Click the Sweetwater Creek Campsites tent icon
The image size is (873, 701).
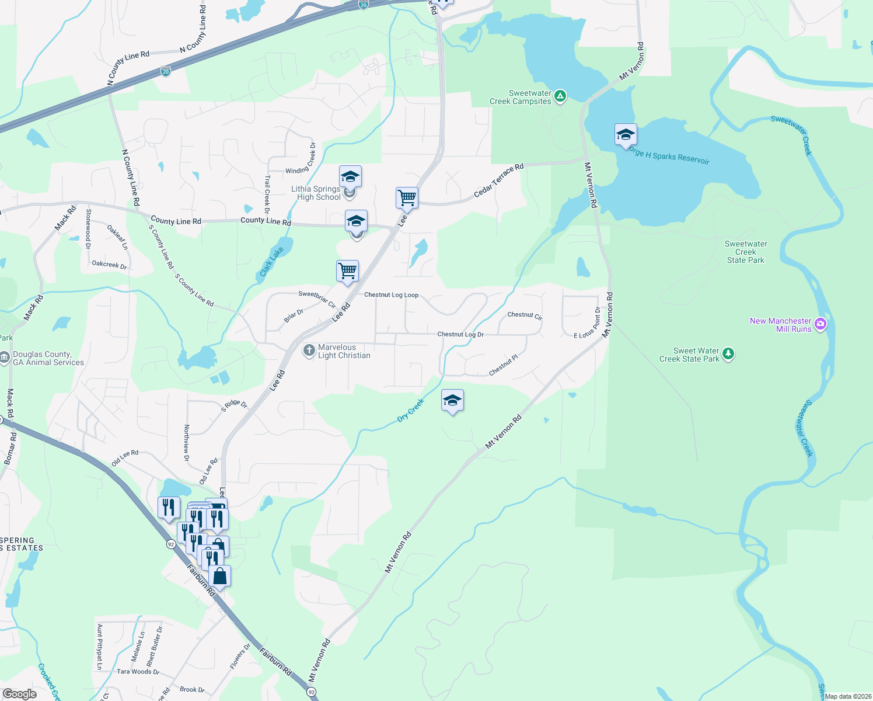coord(560,96)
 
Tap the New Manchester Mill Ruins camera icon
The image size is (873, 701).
coord(820,324)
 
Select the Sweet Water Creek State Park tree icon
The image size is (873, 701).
coord(728,353)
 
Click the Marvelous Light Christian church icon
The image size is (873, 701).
coord(309,350)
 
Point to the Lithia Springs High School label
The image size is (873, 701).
coord(316,193)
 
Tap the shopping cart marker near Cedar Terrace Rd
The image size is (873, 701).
coord(407,198)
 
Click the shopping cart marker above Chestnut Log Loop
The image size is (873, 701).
coord(348,271)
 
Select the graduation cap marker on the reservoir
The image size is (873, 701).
coord(625,135)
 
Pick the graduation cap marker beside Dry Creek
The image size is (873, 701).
coord(452,400)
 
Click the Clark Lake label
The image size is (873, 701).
coord(271,261)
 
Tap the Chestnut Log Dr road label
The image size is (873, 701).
coord(460,334)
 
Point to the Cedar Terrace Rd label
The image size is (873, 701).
coord(498,180)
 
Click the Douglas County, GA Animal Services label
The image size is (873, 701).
coord(48,358)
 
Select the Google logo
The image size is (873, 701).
coord(20,693)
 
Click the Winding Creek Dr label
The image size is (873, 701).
coord(301,158)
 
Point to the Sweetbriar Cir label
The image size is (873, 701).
coord(317,299)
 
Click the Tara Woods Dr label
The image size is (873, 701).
coord(138,672)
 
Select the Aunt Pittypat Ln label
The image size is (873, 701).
coord(100,647)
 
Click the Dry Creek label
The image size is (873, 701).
coord(411,410)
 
